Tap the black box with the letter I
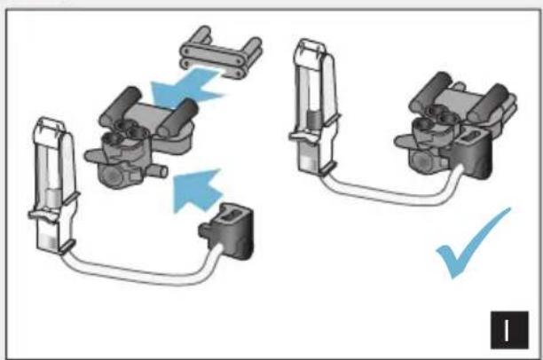(509, 330)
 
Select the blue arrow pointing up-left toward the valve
(196, 191)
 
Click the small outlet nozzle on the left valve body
(159, 171)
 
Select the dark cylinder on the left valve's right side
(177, 118)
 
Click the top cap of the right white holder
(310, 47)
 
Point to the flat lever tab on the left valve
(94, 155)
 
